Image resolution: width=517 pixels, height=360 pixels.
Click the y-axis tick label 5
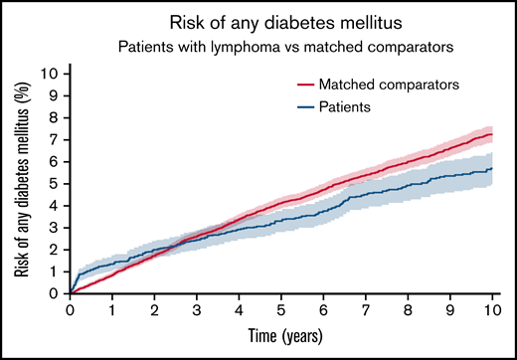pos(57,183)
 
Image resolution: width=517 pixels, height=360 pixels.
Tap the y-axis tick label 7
pos(57,139)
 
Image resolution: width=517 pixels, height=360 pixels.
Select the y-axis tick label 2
pos(57,250)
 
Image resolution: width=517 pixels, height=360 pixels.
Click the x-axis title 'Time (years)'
pos(280,334)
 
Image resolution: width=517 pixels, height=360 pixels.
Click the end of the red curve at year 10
pos(491,134)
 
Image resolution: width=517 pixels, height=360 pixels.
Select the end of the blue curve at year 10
pos(491,168)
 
